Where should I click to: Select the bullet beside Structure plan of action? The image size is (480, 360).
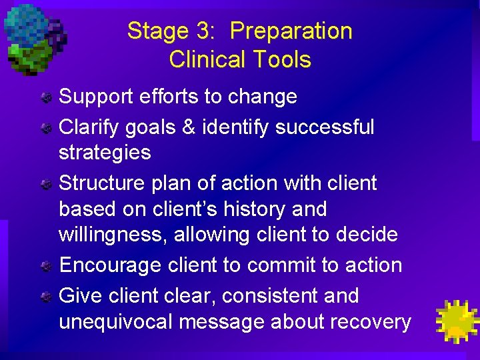(45, 184)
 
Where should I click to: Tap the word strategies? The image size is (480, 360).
(105, 153)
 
